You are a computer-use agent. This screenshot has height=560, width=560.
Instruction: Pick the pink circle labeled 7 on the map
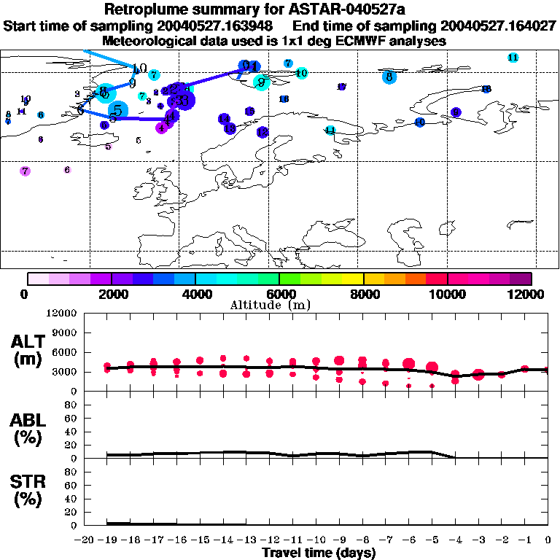[x=26, y=171]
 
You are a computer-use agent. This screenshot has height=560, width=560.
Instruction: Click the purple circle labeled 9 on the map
[x=456, y=112]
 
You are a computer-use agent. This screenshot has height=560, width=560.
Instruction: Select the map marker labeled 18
[x=486, y=89]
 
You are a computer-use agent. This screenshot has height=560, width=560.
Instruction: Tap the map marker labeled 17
[x=341, y=87]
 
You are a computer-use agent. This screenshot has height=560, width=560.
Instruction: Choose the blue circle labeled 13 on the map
[x=230, y=128]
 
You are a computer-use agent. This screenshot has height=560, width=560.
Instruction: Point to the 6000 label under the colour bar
[x=279, y=294]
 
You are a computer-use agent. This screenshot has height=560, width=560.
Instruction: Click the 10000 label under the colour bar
[x=447, y=294]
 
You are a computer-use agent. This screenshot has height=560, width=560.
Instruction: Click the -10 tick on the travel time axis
[x=316, y=540]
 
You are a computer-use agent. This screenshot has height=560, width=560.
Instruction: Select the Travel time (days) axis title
[x=319, y=553]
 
